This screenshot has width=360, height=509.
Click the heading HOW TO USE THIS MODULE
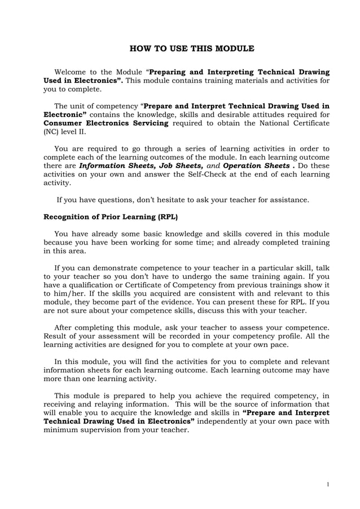(x=192, y=49)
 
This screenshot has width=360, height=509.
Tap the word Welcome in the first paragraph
(x=72, y=72)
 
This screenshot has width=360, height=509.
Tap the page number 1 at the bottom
(x=328, y=484)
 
